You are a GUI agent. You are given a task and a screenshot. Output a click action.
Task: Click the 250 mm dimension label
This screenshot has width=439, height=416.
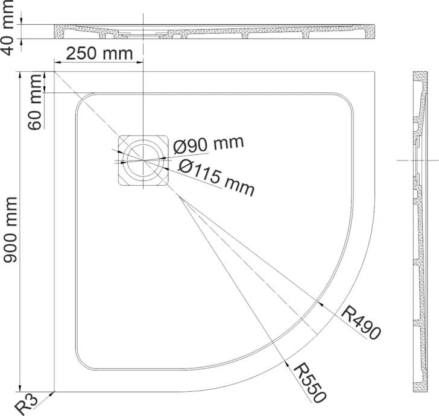99,54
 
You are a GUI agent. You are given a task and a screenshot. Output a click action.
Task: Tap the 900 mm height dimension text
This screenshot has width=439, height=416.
10,230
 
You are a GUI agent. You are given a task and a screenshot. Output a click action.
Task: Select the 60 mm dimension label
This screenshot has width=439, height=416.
34,102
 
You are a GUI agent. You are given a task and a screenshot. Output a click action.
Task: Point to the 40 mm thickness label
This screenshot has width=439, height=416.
7,28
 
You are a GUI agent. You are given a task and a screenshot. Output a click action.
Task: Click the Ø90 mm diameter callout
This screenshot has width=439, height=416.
208,145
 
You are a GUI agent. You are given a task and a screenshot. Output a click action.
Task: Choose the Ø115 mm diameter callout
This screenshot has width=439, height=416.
216,177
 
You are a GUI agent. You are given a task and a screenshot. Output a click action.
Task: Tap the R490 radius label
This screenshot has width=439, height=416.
361,323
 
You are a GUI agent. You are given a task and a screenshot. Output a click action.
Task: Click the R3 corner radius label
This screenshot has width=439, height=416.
26,405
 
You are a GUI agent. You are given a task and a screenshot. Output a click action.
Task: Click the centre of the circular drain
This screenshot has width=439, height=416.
143,160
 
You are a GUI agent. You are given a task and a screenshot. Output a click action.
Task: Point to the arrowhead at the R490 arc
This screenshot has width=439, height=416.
321,304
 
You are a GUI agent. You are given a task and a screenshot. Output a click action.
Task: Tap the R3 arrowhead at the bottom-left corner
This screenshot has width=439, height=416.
52,394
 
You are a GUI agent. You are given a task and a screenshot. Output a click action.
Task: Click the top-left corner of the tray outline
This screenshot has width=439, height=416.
54,72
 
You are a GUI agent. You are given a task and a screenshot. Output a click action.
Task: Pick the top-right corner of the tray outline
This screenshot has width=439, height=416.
374,72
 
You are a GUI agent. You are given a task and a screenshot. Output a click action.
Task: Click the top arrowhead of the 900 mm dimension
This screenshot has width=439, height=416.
19,75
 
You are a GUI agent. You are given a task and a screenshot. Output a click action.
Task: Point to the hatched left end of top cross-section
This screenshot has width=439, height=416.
59,31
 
